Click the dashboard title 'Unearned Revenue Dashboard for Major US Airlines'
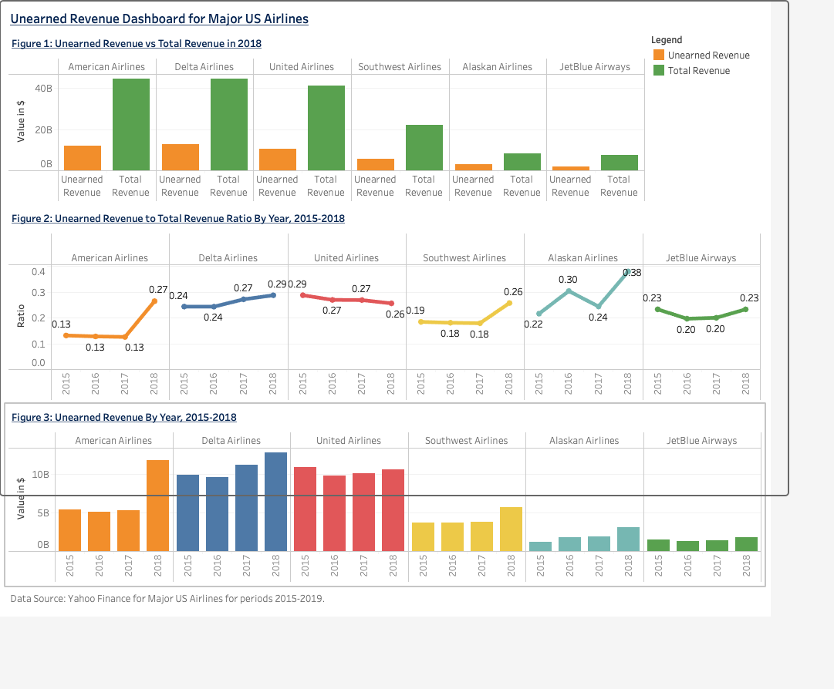(x=160, y=18)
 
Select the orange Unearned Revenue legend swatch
(x=658, y=55)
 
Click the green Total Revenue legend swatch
(x=658, y=70)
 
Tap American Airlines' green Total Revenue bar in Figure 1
(x=131, y=124)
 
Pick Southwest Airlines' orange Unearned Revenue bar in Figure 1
(x=376, y=164)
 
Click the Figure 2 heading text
(x=178, y=218)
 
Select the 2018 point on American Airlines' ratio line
(x=154, y=301)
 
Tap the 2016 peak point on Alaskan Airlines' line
(x=569, y=291)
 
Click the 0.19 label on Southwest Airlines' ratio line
(x=415, y=310)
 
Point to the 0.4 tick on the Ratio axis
(x=38, y=271)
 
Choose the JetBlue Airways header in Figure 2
(x=701, y=257)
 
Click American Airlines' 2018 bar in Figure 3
(x=157, y=505)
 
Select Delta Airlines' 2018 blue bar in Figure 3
(x=275, y=501)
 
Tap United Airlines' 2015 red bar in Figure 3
(x=306, y=509)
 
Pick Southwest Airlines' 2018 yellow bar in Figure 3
(x=512, y=529)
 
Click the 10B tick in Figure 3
(x=40, y=474)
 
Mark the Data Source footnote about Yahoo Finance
(x=167, y=598)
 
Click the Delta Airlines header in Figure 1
(x=204, y=67)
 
